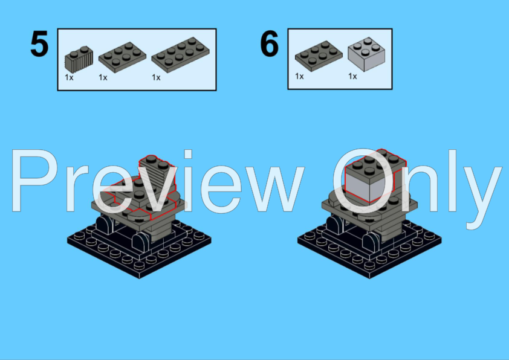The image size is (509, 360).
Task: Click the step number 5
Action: (x=39, y=43)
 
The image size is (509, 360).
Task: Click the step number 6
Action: (x=270, y=43)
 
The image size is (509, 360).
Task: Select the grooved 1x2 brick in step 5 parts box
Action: (x=79, y=59)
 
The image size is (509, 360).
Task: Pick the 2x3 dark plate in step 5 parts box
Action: (x=122, y=57)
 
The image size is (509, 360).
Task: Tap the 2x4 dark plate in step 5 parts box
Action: (x=181, y=54)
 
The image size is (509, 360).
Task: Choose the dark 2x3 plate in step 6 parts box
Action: (x=319, y=56)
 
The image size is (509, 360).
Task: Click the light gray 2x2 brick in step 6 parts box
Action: (x=366, y=54)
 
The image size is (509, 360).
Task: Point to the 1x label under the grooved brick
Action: (x=69, y=77)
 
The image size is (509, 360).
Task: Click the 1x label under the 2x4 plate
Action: (x=156, y=77)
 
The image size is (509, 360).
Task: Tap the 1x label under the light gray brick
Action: (x=352, y=76)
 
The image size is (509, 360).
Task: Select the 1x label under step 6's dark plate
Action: (x=299, y=76)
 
